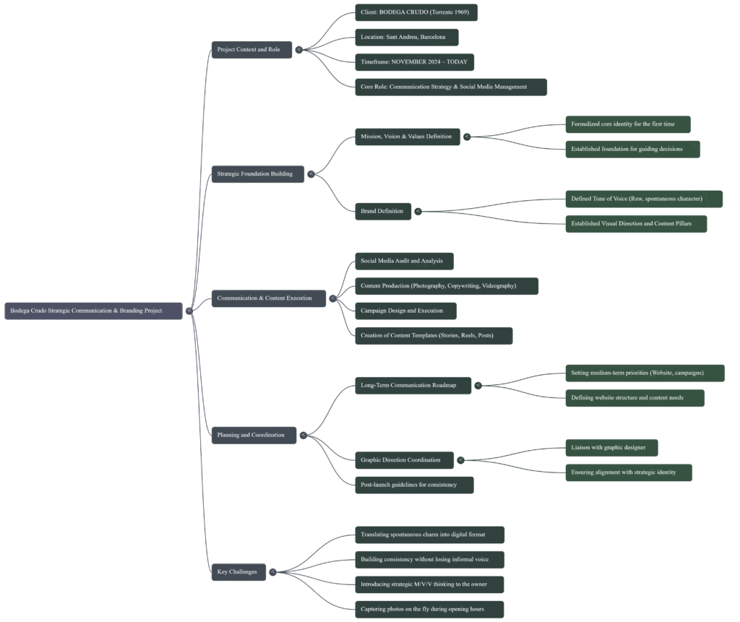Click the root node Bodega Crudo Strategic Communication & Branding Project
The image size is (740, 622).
pos(93,311)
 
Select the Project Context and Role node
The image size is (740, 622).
pos(251,49)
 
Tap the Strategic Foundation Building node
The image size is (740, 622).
pos(257,174)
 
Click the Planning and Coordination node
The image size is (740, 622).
pos(254,435)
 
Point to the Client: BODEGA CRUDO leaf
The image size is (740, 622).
pos(416,12)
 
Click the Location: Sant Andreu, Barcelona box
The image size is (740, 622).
pos(405,37)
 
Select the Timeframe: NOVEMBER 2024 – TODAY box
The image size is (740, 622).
pos(414,61)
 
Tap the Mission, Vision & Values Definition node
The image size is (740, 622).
pos(407,137)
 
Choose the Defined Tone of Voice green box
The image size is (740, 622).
pos(643,199)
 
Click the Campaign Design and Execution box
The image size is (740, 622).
pos(405,311)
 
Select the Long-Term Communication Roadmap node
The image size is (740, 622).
pos(412,385)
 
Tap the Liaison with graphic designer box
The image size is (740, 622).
pos(611,448)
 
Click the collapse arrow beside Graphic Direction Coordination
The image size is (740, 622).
pos(460,460)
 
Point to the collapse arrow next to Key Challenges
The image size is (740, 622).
pos(272,572)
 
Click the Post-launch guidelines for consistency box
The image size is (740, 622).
pos(412,485)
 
